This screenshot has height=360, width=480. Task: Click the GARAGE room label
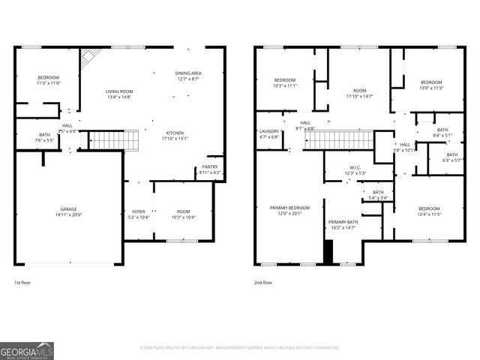[x=68, y=209]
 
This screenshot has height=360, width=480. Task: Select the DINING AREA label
[x=188, y=73]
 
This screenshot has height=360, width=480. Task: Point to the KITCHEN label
[x=174, y=133]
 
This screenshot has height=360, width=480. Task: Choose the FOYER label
[x=139, y=212]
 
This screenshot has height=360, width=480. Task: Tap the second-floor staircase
[x=339, y=139]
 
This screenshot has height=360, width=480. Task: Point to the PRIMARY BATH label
[x=343, y=223]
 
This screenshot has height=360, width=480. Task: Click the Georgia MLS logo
[x=27, y=350]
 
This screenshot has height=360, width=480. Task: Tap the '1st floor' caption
[x=22, y=283]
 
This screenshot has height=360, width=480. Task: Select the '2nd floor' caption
[x=262, y=283]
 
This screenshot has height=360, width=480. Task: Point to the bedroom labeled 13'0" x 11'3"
[x=431, y=84]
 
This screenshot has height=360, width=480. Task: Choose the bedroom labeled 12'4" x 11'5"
[x=429, y=211]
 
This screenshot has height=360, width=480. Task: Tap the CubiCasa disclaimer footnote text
[x=240, y=348]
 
